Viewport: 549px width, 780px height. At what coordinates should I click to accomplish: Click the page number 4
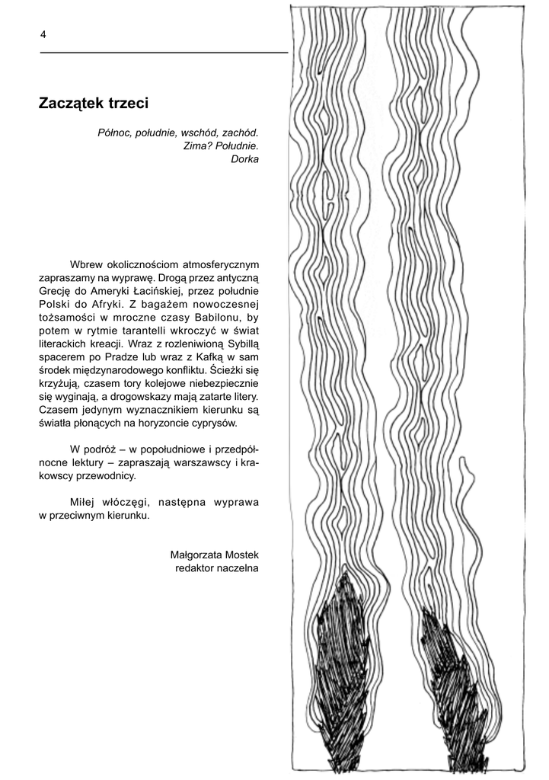pyautogui.click(x=43, y=34)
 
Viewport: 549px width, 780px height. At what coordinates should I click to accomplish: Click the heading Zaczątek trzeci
pyautogui.click(x=93, y=102)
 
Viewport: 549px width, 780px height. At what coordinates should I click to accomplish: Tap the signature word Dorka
pyautogui.click(x=244, y=160)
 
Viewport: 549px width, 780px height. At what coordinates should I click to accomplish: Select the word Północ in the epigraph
pyautogui.click(x=114, y=133)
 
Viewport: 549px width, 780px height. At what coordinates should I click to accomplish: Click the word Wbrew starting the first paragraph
pyautogui.click(x=85, y=264)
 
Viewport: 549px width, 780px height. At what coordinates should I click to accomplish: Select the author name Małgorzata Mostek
pyautogui.click(x=215, y=555)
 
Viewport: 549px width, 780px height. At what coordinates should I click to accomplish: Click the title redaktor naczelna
pyautogui.click(x=217, y=568)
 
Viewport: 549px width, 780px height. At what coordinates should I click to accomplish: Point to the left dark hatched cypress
pyautogui.click(x=346, y=670)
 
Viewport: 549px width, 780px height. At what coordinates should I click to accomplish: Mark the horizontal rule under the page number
pyautogui.click(x=164, y=53)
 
